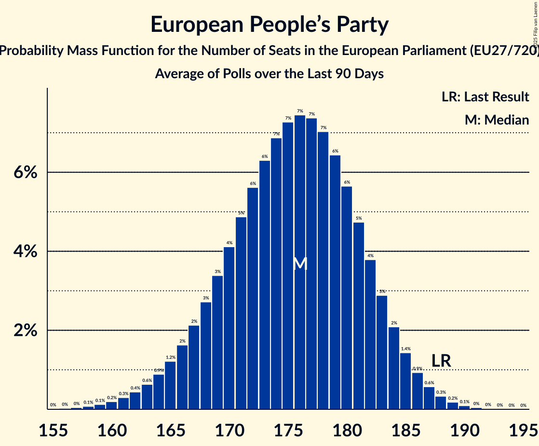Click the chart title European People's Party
pyautogui.click(x=269, y=25)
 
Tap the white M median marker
pyautogui.click(x=300, y=264)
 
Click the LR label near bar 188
pyautogui.click(x=441, y=361)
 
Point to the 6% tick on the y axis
pyautogui.click(x=24, y=172)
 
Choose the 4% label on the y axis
pyautogui.click(x=24, y=251)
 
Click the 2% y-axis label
pyautogui.click(x=24, y=331)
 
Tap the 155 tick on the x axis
pyautogui.click(x=53, y=430)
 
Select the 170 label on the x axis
pyautogui.click(x=229, y=430)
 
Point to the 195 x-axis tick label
pyautogui.click(x=523, y=430)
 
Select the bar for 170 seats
pyautogui.click(x=229, y=328)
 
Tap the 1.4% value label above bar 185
pyautogui.click(x=405, y=348)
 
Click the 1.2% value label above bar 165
pyautogui.click(x=170, y=357)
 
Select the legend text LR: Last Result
pyautogui.click(x=485, y=97)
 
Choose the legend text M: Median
pyautogui.click(x=497, y=120)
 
